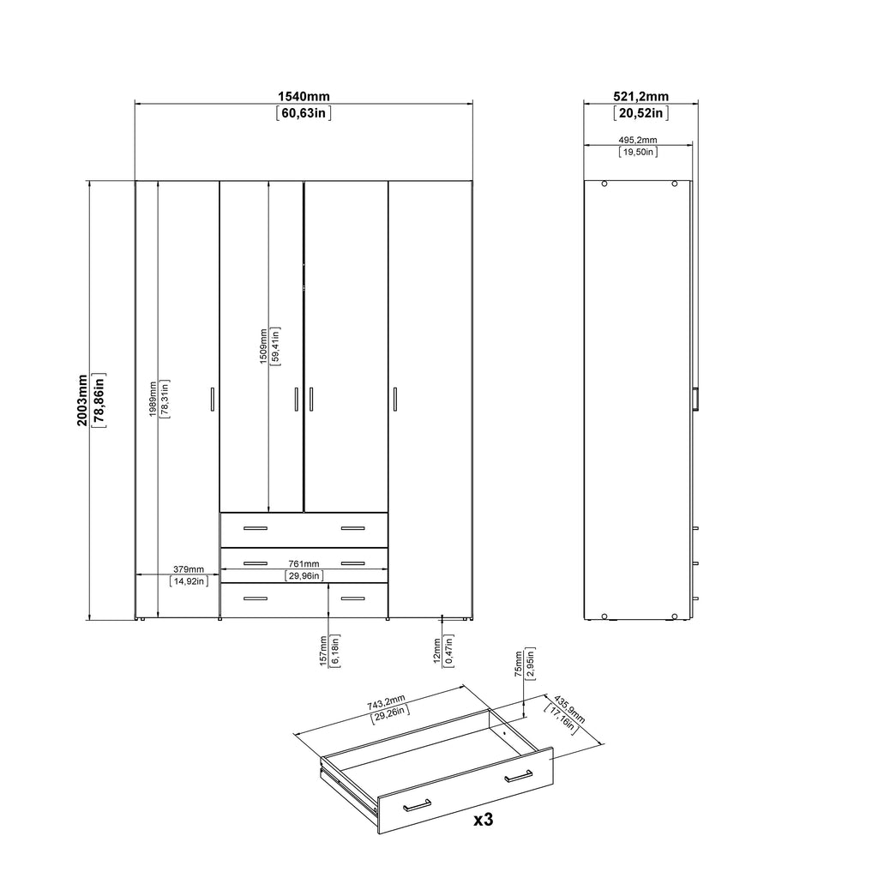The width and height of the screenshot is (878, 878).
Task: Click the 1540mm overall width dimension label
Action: (x=304, y=97)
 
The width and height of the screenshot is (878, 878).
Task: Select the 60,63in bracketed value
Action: (x=304, y=112)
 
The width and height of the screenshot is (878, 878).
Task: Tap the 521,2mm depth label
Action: (x=641, y=97)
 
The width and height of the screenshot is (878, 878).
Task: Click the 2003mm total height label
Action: (x=82, y=400)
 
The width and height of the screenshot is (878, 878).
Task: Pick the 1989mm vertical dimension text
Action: (x=152, y=400)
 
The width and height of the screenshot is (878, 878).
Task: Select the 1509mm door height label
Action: (x=263, y=348)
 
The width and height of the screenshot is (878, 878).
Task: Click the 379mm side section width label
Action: (x=189, y=568)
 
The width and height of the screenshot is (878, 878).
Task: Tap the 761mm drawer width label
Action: (x=304, y=563)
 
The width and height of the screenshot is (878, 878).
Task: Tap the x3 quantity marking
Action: (x=484, y=819)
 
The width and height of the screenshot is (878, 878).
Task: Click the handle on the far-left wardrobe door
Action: (x=212, y=400)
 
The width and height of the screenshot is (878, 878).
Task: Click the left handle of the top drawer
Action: (x=256, y=527)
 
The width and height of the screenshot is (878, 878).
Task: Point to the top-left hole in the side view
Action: (x=604, y=183)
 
